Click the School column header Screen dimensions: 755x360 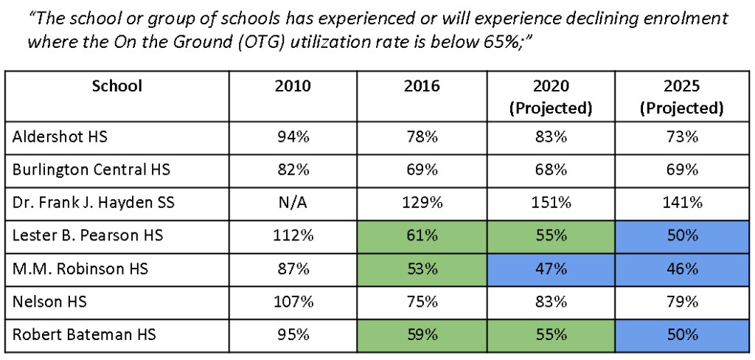tap(117, 86)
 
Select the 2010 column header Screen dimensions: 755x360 tap(293, 86)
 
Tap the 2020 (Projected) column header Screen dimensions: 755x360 tap(551, 97)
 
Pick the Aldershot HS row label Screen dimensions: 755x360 tap(60, 136)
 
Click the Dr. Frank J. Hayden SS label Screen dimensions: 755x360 tap(93, 202)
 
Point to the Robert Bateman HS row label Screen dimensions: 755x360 tap(84, 334)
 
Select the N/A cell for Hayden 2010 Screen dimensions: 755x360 tap(293, 202)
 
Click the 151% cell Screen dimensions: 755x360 tap(551, 202)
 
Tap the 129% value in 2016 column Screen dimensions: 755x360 tap(422, 202)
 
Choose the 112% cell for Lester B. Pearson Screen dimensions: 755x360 tap(293, 235)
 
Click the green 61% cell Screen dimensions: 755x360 tap(422, 235)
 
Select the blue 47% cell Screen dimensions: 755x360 tap(551, 269)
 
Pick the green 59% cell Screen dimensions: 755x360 tap(422, 334)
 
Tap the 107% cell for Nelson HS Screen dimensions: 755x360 tap(293, 302)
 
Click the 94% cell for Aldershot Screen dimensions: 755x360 tap(293, 136)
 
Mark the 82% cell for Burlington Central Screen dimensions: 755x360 tap(293, 170)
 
